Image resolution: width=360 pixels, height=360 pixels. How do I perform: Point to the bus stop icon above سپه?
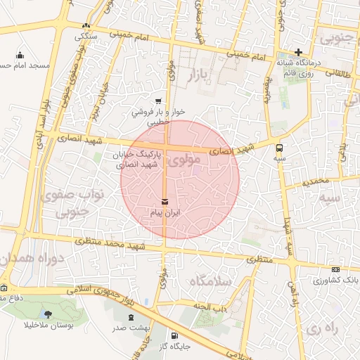point(280,148)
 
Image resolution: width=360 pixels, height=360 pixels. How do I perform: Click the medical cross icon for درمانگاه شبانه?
point(298,52)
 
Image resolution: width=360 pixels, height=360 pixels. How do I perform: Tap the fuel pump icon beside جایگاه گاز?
point(174,335)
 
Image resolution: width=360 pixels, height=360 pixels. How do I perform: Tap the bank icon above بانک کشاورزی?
point(335,269)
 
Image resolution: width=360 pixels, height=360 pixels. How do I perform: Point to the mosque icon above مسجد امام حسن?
point(20,55)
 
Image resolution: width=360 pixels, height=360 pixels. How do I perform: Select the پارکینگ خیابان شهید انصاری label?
point(138,158)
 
